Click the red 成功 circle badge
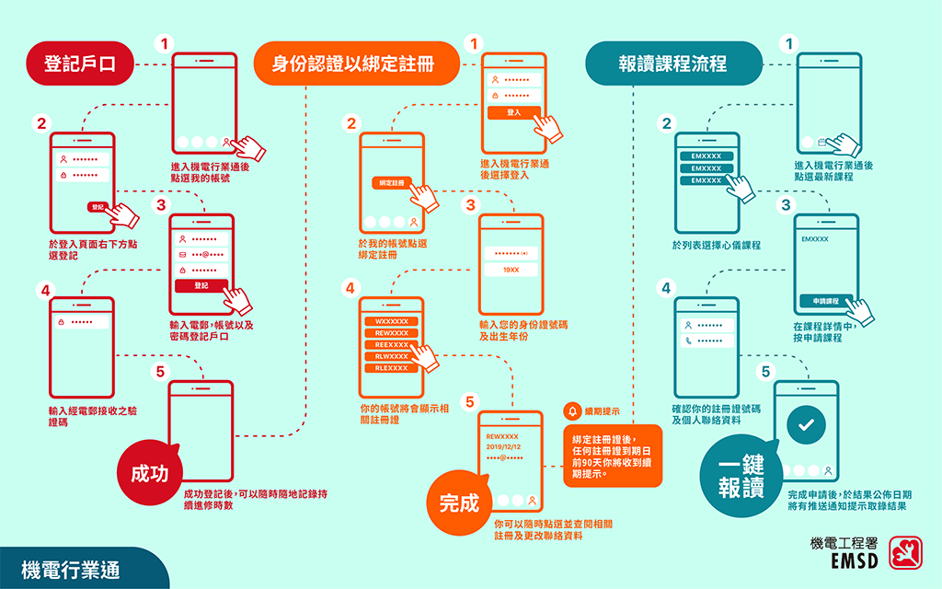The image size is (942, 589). (149, 473)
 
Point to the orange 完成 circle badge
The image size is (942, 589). (459, 503)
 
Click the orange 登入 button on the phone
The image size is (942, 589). (513, 111)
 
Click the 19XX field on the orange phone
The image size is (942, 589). (511, 270)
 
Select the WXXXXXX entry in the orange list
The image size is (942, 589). (392, 320)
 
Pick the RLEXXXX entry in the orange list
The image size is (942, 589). (392, 368)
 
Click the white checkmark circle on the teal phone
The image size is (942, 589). (806, 425)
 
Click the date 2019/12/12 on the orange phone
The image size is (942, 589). (503, 446)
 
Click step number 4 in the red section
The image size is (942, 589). (43, 289)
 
